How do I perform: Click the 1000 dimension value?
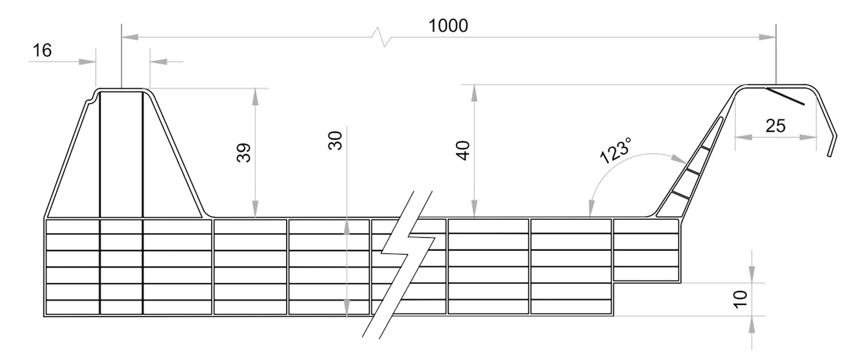click(449, 26)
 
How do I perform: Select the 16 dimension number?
click(42, 51)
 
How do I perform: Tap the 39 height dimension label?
click(244, 153)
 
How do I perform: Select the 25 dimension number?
click(775, 126)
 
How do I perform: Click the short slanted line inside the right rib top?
click(785, 97)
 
